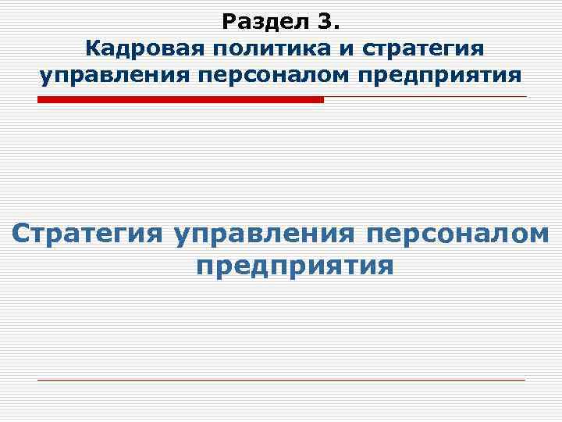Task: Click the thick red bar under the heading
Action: coord(180,100)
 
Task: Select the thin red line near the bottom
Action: coord(281,380)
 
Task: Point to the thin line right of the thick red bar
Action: coord(425,97)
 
